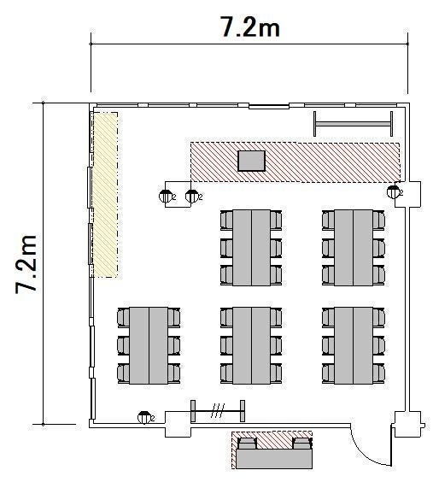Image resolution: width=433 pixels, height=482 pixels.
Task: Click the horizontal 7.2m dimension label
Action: [x=250, y=26]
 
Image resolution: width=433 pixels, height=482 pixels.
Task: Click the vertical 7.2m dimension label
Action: [x=26, y=264]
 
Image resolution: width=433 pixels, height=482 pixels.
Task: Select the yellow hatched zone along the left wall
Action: [x=105, y=195]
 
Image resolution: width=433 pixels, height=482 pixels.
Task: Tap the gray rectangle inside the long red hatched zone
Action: [x=251, y=161]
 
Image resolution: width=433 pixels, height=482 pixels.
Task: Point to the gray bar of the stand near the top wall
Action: [x=353, y=124]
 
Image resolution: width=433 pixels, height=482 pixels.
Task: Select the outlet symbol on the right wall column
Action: [x=394, y=192]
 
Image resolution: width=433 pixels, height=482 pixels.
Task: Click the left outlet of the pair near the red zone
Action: [x=166, y=196]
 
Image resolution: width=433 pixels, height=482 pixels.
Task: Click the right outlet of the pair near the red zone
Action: [x=192, y=196]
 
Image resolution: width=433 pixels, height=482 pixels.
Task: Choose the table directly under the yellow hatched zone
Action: [x=149, y=345]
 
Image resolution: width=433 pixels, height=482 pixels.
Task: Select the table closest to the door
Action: [x=354, y=345]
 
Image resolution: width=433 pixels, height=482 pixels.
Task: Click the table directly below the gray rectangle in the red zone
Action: [x=251, y=248]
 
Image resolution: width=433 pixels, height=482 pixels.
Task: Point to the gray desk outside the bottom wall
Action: [x=274, y=459]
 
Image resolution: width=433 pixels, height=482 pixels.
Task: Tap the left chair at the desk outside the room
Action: [x=247, y=444]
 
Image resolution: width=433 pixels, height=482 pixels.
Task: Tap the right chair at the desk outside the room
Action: [x=302, y=444]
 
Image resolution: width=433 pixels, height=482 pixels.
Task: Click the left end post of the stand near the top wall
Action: [x=315, y=124]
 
